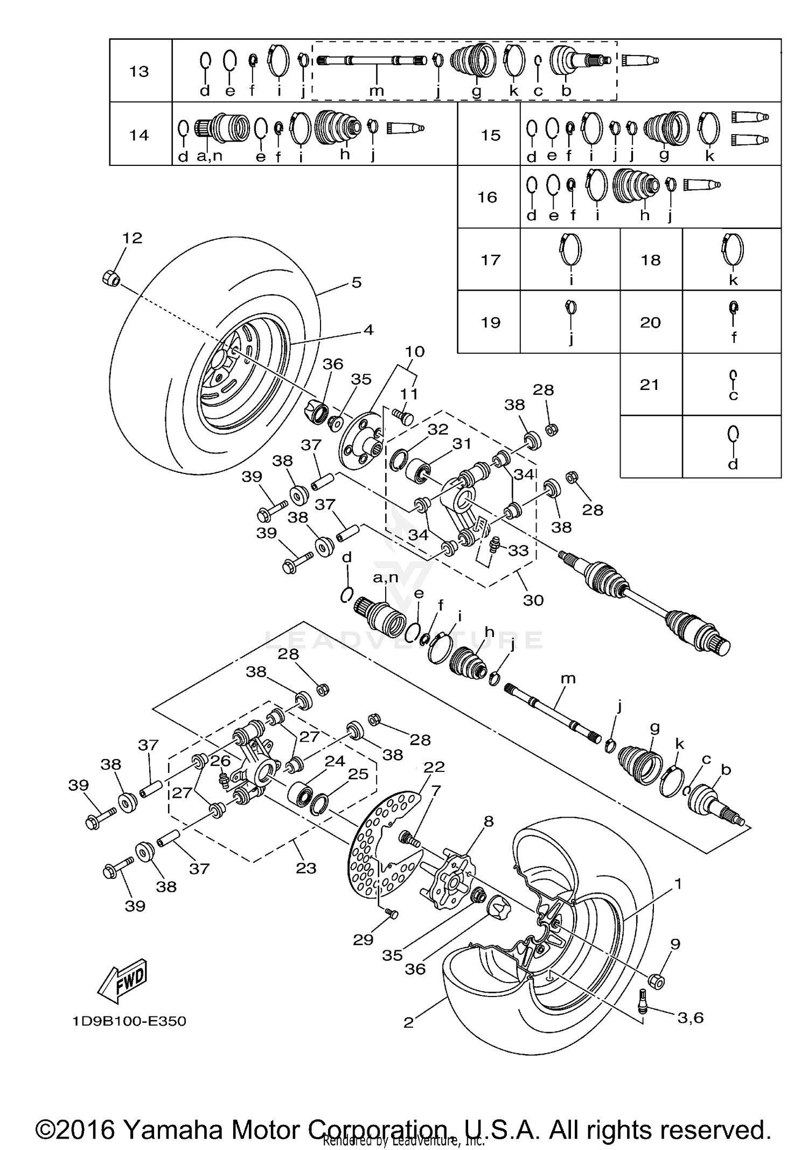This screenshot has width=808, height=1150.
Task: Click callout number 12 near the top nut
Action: pyautogui.click(x=132, y=238)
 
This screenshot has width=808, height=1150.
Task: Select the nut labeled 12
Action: pyautogui.click(x=110, y=278)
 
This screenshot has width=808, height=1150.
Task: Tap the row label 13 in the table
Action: pyautogui.click(x=139, y=71)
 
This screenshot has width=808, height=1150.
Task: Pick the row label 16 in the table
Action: pyautogui.click(x=487, y=197)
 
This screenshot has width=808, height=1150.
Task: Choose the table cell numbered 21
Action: pyautogui.click(x=650, y=385)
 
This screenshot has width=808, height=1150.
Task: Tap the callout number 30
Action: pyautogui.click(x=533, y=600)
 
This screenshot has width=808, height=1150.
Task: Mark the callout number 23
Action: pyautogui.click(x=305, y=868)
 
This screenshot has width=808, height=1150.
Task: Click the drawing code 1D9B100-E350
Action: pyautogui.click(x=129, y=1021)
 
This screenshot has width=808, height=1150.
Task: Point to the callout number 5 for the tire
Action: pyautogui.click(x=356, y=283)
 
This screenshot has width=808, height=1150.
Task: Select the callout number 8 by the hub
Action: pyautogui.click(x=489, y=821)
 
